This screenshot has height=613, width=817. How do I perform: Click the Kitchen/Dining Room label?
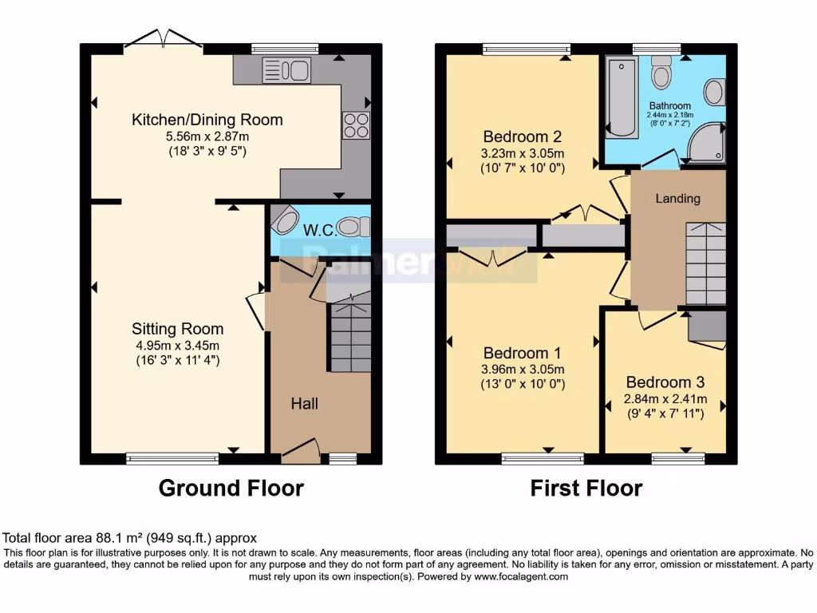(x=207, y=120)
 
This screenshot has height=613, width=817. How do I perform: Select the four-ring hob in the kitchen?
(x=356, y=125)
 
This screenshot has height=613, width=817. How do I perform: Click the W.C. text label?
(x=319, y=230)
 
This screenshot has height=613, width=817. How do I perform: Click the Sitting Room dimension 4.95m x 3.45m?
(x=176, y=345)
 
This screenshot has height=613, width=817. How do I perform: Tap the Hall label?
(x=304, y=404)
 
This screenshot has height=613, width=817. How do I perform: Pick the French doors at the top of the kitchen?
(x=163, y=40)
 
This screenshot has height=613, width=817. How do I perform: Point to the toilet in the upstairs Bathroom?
(x=661, y=73)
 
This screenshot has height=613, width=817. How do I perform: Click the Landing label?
(x=678, y=198)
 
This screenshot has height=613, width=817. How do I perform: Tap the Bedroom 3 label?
(x=665, y=382)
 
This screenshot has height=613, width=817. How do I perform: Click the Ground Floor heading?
(x=231, y=488)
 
